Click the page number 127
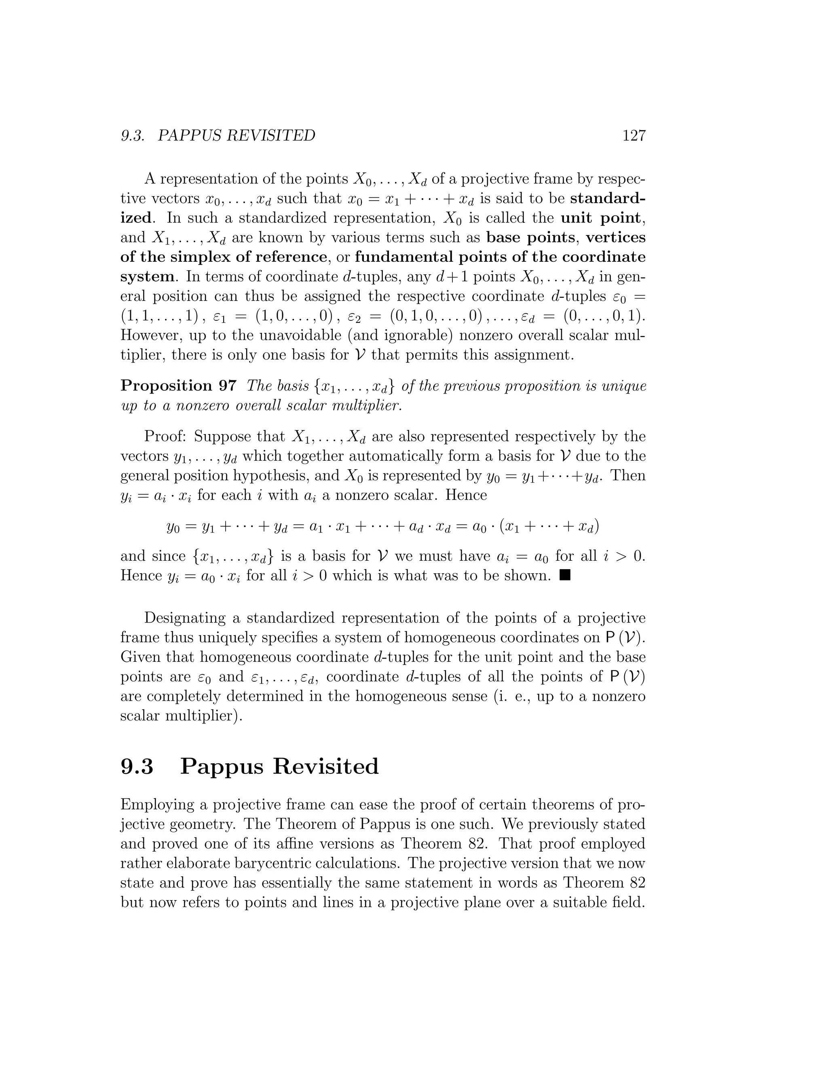[634, 136]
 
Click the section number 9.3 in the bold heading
[137, 766]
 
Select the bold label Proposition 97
[179, 386]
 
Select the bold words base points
[531, 237]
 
